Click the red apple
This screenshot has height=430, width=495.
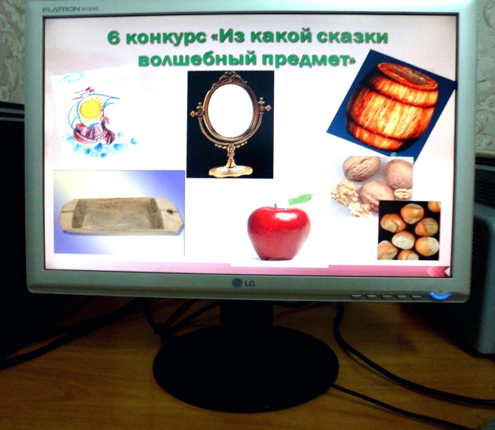click(x=279, y=233)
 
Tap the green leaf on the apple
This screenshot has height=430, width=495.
click(x=302, y=199)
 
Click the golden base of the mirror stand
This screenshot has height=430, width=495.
click(x=230, y=170)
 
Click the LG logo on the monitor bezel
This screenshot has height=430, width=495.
click(x=244, y=283)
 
